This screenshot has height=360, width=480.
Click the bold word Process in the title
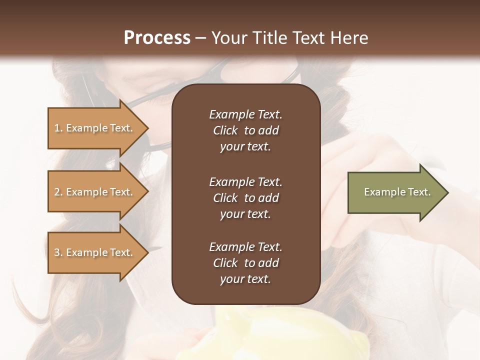pyautogui.click(x=157, y=37)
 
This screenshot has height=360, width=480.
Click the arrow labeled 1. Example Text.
pyautogui.click(x=95, y=128)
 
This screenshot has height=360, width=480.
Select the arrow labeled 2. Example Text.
pyautogui.click(x=95, y=192)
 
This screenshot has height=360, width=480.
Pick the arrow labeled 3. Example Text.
pyautogui.click(x=95, y=252)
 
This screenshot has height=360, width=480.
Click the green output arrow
pyautogui.click(x=395, y=192)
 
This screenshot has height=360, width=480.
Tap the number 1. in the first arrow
pyautogui.click(x=58, y=128)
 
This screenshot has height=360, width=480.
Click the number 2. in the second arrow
pyautogui.click(x=58, y=192)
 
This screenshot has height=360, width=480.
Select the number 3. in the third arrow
pyautogui.click(x=58, y=252)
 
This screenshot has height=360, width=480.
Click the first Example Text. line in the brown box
pyautogui.click(x=245, y=114)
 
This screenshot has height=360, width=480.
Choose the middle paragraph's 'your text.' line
pyautogui.click(x=245, y=214)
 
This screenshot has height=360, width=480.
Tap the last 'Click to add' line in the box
pyautogui.click(x=245, y=263)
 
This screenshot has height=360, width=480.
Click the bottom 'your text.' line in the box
pyautogui.click(x=245, y=279)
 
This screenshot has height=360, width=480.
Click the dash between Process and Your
pyautogui.click(x=200, y=38)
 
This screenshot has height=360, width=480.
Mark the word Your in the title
pyautogui.click(x=227, y=37)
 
